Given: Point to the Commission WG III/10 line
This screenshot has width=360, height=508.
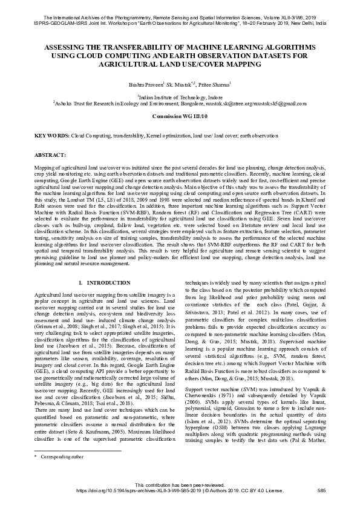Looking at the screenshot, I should (x=180, y=115).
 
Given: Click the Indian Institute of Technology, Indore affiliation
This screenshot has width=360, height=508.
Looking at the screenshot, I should (x=180, y=96).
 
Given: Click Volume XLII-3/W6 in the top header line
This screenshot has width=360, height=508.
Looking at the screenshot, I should (x=286, y=4).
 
